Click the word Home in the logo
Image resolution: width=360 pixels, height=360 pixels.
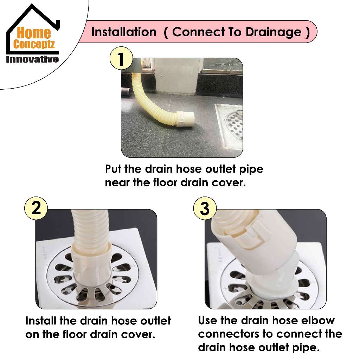[34, 33]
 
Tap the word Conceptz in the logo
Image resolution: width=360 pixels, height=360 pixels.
[34, 44]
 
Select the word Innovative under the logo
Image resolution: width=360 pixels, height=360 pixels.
[32, 59]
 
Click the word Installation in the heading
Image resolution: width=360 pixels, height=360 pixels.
[124, 32]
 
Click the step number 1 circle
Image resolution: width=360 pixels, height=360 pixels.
[121, 58]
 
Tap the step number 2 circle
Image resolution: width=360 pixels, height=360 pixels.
[36, 208]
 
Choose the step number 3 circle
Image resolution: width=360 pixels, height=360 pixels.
[205, 208]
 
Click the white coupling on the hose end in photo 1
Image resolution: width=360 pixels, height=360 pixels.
[186, 119]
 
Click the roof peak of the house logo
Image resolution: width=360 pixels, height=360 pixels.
[32, 5]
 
